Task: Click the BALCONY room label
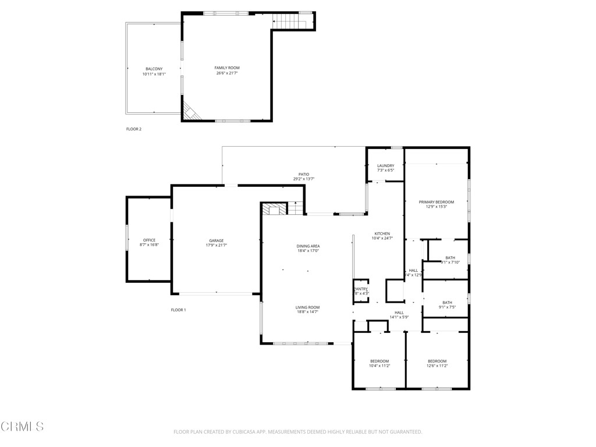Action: pos(154,69)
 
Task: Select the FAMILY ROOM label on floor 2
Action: pos(227,68)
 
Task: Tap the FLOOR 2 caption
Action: pos(134,129)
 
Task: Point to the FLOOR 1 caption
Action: pos(178,310)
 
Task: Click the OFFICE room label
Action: pos(149,240)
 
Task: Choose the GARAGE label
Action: pos(217,240)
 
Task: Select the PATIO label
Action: pos(304,174)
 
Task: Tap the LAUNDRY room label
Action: pos(385,166)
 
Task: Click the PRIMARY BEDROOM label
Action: pos(436,202)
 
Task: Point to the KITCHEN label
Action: pos(382,233)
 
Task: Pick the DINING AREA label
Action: pos(308,246)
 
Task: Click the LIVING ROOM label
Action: pos(308,307)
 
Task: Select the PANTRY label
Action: pos(361,289)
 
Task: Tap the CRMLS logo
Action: pos(22,427)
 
